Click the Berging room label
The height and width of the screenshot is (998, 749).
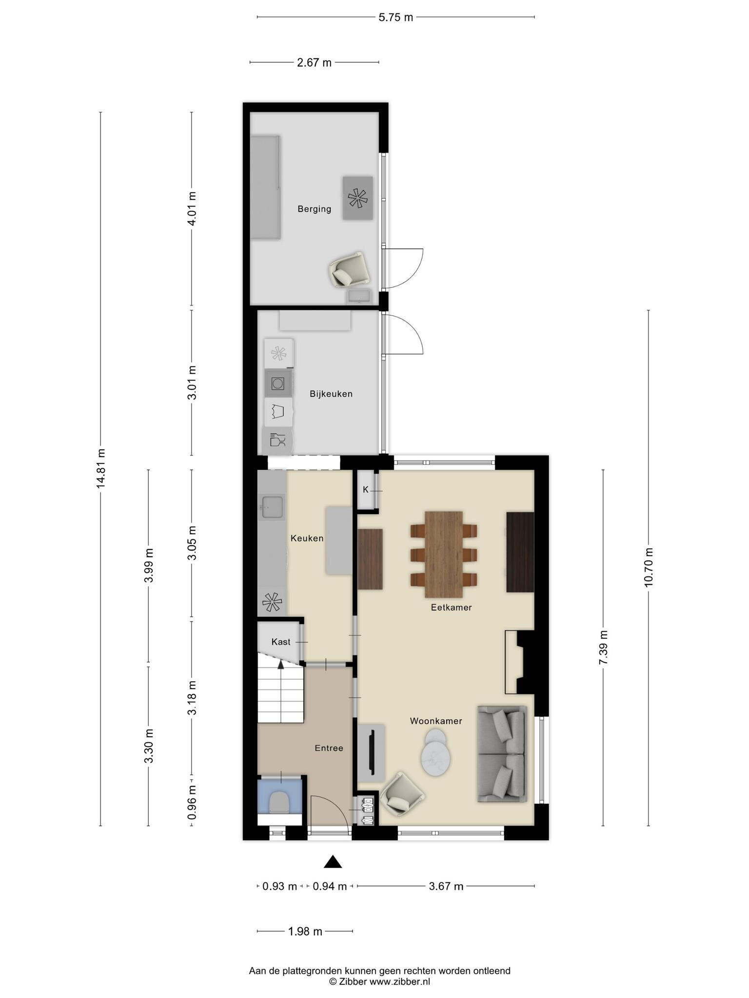[315, 209]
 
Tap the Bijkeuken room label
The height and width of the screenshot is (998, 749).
[331, 394]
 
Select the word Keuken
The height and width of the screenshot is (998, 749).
[307, 538]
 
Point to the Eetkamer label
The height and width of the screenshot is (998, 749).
[451, 608]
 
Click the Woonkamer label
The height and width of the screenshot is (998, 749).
[436, 721]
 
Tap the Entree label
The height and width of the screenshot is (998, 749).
[329, 748]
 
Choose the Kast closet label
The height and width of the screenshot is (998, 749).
[281, 642]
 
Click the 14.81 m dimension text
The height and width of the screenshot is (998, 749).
[101, 468]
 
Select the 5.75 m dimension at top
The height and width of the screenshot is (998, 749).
[396, 18]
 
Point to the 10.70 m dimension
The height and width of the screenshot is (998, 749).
[649, 567]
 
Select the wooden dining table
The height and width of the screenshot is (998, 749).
[444, 554]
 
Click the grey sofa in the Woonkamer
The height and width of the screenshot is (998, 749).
[502, 754]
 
